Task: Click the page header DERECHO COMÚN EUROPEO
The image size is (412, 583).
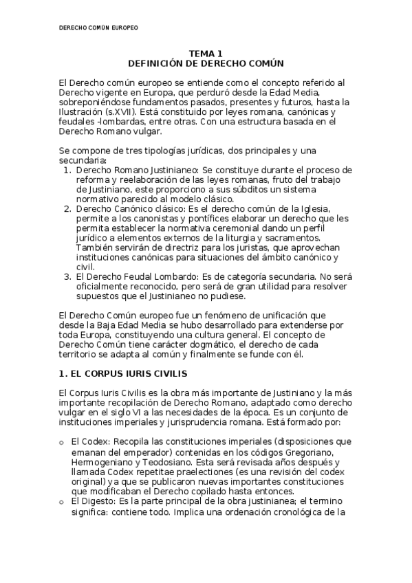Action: [x=98, y=28]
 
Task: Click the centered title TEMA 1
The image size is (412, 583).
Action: [x=206, y=54]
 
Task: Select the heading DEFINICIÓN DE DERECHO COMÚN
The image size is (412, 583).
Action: [x=206, y=63]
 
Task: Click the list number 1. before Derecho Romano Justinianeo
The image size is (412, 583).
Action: [x=67, y=168]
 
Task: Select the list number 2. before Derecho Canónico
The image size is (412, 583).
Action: [x=67, y=208]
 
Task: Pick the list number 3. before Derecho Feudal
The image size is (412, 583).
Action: [x=67, y=277]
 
